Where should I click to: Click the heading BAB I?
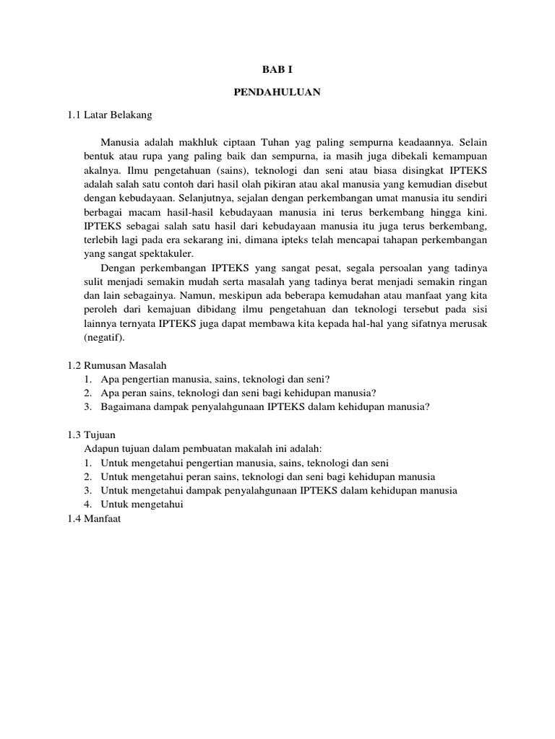[277, 69]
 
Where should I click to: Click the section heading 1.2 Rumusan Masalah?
[117, 365]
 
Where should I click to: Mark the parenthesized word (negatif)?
[104, 337]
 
